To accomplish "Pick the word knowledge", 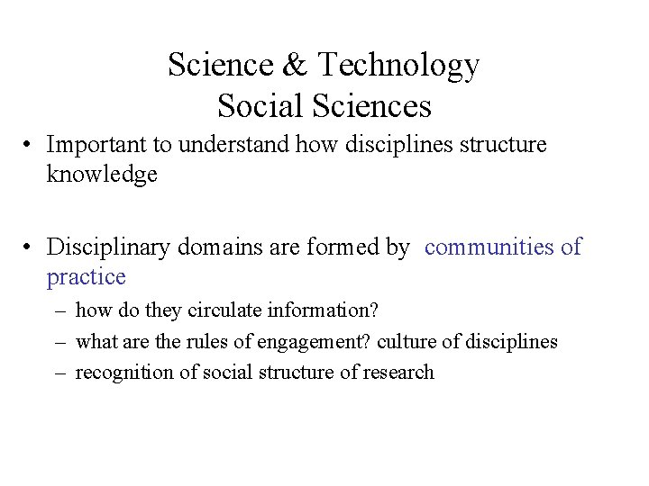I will click(x=102, y=175).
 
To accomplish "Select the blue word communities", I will click(x=488, y=246).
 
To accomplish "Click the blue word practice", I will click(x=86, y=276).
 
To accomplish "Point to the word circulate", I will click(x=225, y=310).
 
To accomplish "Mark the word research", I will click(x=398, y=372).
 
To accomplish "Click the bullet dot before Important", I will click(x=30, y=145).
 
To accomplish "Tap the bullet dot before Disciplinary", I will click(x=30, y=247).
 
